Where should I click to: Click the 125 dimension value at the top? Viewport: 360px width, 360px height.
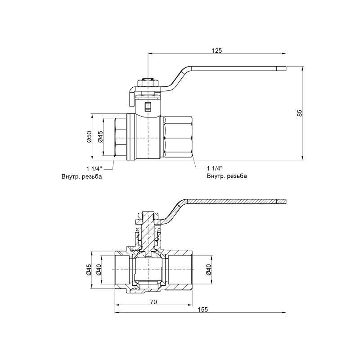coord(217,50)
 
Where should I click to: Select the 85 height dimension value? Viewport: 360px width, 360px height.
coord(300,113)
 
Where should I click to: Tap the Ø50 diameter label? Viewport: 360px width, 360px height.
coord(89,137)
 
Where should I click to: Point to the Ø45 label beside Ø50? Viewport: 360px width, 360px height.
coord(100,137)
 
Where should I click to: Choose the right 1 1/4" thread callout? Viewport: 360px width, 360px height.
coord(216,168)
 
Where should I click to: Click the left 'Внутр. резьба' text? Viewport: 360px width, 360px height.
coord(82,176)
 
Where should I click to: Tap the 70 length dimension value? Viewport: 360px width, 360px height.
coord(153,302)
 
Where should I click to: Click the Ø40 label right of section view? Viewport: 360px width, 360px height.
coord(208,270)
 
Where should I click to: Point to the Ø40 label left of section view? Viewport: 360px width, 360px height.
coord(99,270)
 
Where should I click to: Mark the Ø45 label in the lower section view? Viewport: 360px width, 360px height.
coord(89,270)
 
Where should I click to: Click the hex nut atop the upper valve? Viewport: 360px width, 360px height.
coord(147,83)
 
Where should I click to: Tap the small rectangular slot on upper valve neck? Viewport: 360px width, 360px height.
coord(147,107)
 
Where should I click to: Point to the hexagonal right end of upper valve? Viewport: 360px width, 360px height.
coord(179,137)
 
